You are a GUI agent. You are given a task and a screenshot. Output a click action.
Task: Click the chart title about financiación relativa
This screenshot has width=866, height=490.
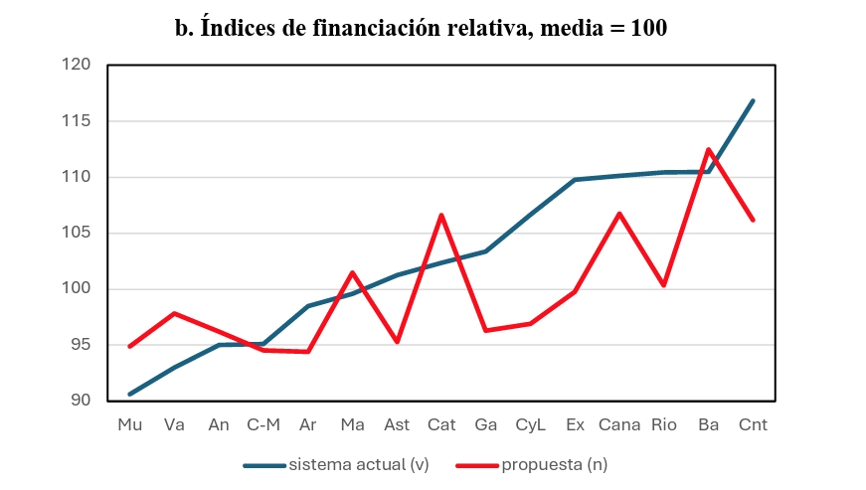pos(422,29)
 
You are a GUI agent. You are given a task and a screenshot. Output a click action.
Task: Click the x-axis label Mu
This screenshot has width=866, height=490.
pos(129,425)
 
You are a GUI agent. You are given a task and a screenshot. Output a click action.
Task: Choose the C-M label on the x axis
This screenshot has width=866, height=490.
pos(263,425)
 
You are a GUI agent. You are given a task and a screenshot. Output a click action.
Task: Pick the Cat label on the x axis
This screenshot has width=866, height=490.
pos(441,425)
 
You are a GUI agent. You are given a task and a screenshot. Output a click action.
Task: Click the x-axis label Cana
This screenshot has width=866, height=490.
pos(619,425)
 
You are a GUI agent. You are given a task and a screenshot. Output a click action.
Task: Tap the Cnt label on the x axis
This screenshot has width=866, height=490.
pos(753,425)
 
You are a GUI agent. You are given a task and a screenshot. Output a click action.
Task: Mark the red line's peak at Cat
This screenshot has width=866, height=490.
pos(441,215)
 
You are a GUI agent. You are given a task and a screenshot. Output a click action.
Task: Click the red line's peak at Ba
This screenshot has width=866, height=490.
pos(709,149)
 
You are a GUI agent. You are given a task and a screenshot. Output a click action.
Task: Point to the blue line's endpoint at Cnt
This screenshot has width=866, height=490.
pos(753,100)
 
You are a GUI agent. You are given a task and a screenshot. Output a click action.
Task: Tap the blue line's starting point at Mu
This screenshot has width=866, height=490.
pos(130,394)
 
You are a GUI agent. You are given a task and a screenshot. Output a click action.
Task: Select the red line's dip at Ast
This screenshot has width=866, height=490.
pos(397,342)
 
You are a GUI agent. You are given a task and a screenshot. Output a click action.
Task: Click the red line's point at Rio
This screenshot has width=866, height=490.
pos(664,285)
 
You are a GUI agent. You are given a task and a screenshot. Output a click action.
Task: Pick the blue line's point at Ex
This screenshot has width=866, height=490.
pos(575,180)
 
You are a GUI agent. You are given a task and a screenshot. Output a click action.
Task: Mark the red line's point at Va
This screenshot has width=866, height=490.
pos(175,313)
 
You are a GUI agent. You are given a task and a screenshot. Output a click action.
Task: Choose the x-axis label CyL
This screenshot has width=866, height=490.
pos(530,425)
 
